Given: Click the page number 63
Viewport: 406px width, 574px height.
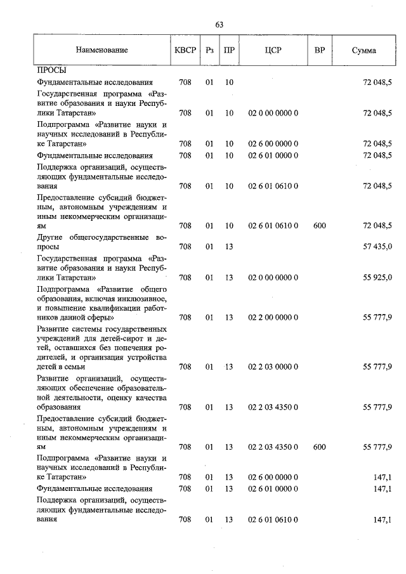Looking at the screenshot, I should click(219, 25).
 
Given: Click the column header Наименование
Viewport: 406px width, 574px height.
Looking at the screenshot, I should click(101, 50).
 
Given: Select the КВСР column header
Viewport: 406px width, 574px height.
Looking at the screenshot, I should click(185, 50).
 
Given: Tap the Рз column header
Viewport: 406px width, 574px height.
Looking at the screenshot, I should click(210, 50).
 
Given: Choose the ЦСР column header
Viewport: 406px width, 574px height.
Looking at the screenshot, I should click(273, 50).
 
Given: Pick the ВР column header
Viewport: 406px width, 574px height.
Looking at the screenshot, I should click(319, 50).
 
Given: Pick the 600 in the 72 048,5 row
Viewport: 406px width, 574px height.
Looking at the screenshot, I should click(319, 226).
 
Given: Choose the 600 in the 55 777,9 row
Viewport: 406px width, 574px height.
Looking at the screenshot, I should click(319, 447).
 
